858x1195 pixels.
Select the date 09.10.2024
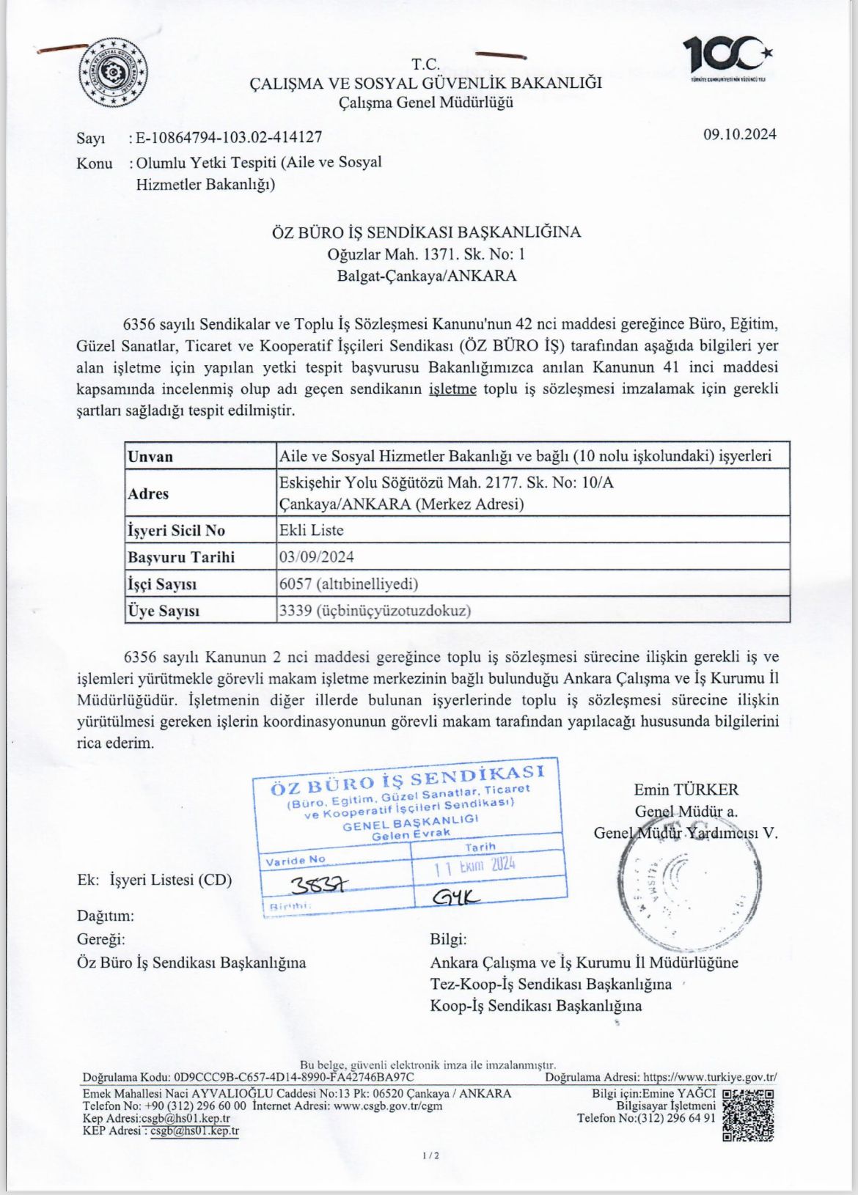pos(740,134)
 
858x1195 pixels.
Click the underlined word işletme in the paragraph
pos(452,389)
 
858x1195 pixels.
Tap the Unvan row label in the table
pos(150,457)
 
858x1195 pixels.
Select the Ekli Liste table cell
pos(312,530)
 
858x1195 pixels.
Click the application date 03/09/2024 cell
pos(317,556)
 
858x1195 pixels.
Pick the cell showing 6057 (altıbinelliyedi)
pos(349,584)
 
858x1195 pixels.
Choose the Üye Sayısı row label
pos(164,611)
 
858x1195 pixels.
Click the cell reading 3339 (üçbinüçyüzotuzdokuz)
pos(375,610)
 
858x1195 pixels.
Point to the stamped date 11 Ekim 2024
pos(475,866)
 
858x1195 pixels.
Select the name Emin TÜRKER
pos(686,790)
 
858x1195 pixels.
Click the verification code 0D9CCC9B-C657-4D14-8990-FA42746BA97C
pos(293,1077)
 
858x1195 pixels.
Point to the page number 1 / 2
pos(430,1156)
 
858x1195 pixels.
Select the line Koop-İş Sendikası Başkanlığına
pos(535,1005)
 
